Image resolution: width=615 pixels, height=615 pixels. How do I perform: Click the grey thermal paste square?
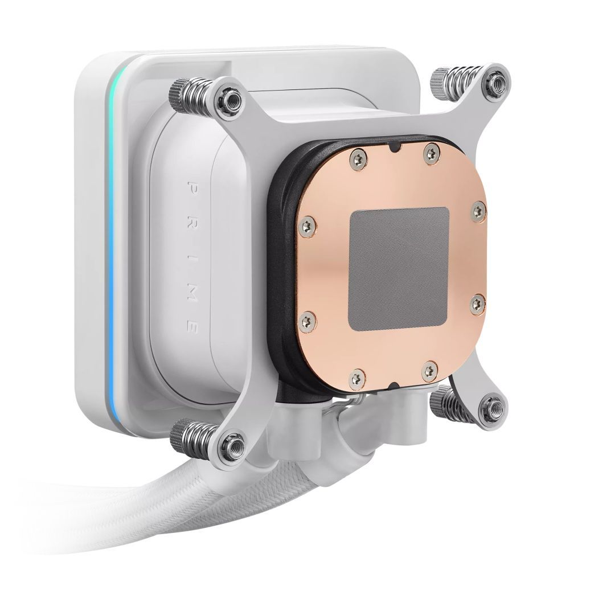coord(399,269)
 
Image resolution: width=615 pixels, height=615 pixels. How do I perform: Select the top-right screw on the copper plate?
coord(432,151)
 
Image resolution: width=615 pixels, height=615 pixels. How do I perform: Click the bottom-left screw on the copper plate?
coord(357,378)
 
